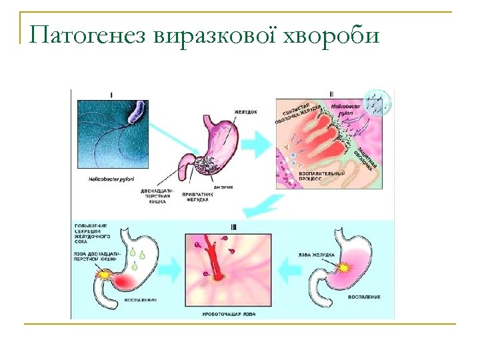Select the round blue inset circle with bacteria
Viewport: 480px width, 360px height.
pos(377,102)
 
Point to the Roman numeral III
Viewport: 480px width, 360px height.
pos(233,227)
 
